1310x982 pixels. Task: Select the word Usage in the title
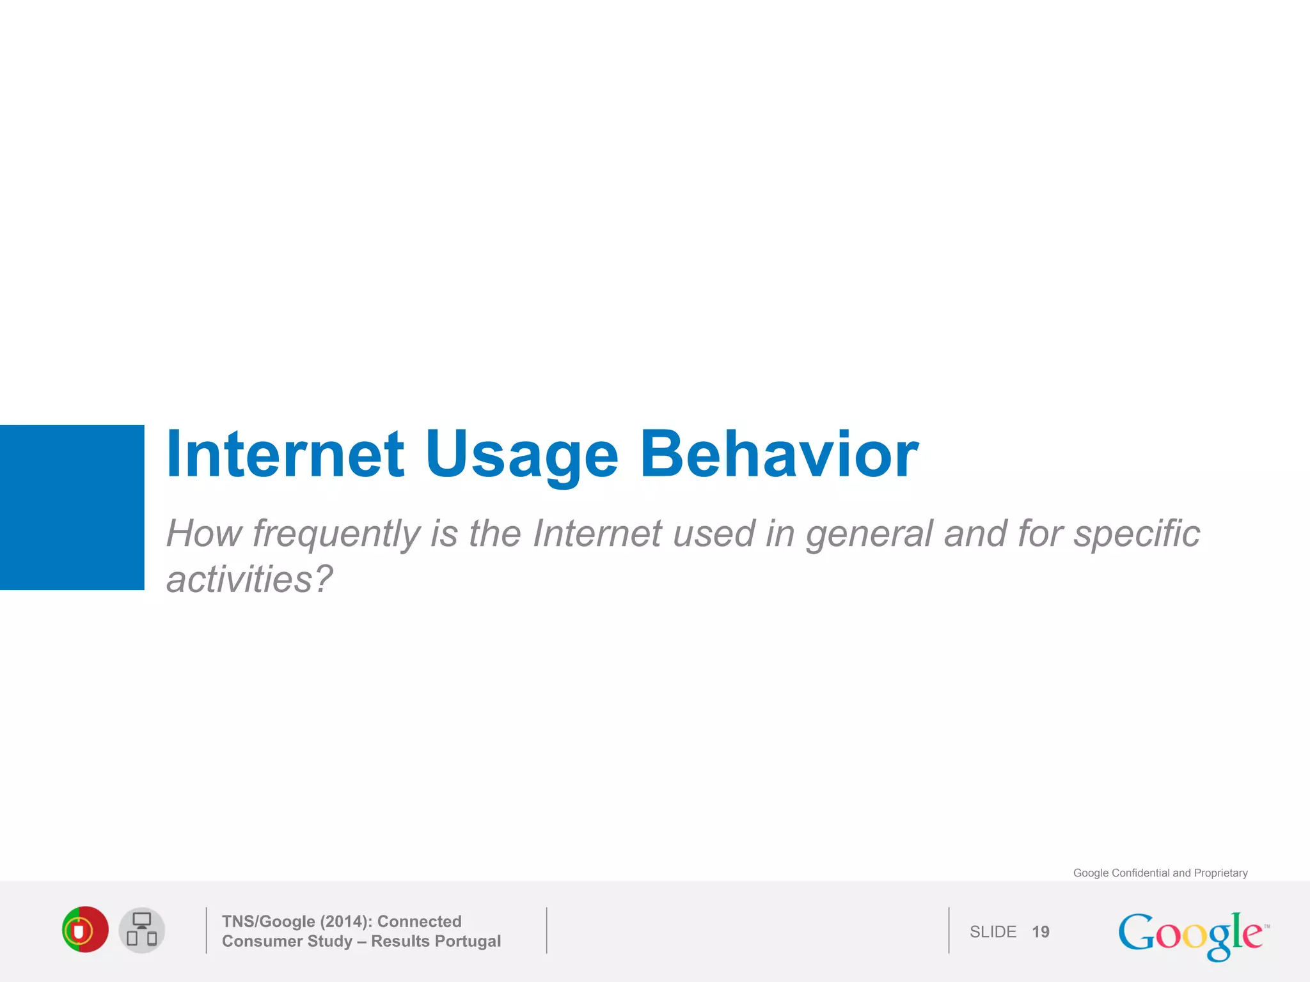point(521,455)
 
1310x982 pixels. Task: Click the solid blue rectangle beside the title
point(72,507)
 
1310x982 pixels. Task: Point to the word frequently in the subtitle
point(336,533)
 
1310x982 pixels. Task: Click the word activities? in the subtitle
point(249,579)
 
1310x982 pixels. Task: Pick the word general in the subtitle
point(869,534)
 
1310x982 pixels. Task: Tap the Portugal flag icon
point(85,930)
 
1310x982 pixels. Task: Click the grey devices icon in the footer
point(142,930)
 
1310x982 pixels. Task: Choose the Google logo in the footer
point(1191,935)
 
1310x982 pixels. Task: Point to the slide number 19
point(1040,931)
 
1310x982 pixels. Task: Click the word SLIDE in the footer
point(993,931)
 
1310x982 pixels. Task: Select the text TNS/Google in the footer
point(269,921)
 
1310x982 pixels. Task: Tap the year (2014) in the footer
point(346,921)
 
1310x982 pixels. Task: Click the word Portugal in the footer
point(468,941)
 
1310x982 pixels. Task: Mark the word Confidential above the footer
point(1140,873)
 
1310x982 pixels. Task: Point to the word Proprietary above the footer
point(1220,873)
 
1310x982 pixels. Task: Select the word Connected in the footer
point(419,921)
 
